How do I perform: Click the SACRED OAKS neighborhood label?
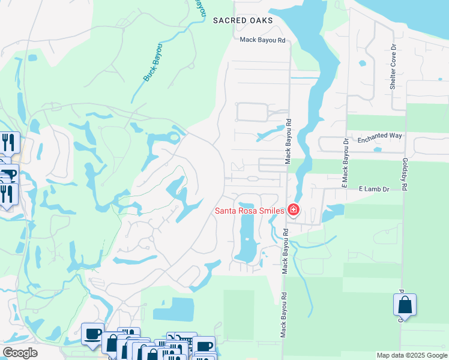[x=243, y=20]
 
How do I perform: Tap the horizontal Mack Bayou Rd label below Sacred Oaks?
[x=262, y=40]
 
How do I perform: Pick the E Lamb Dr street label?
[x=374, y=189]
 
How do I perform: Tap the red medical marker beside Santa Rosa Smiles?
[x=294, y=209]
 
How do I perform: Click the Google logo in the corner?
[x=20, y=353]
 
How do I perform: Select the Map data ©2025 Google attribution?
[x=411, y=355]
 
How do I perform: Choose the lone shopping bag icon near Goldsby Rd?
[x=405, y=305]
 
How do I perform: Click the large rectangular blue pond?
[x=173, y=310]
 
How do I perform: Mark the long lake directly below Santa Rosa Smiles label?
[x=247, y=237]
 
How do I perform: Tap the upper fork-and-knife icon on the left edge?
[x=8, y=142]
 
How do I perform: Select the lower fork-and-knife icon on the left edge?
[x=7, y=194]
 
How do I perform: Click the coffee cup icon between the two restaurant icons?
[x=7, y=175]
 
